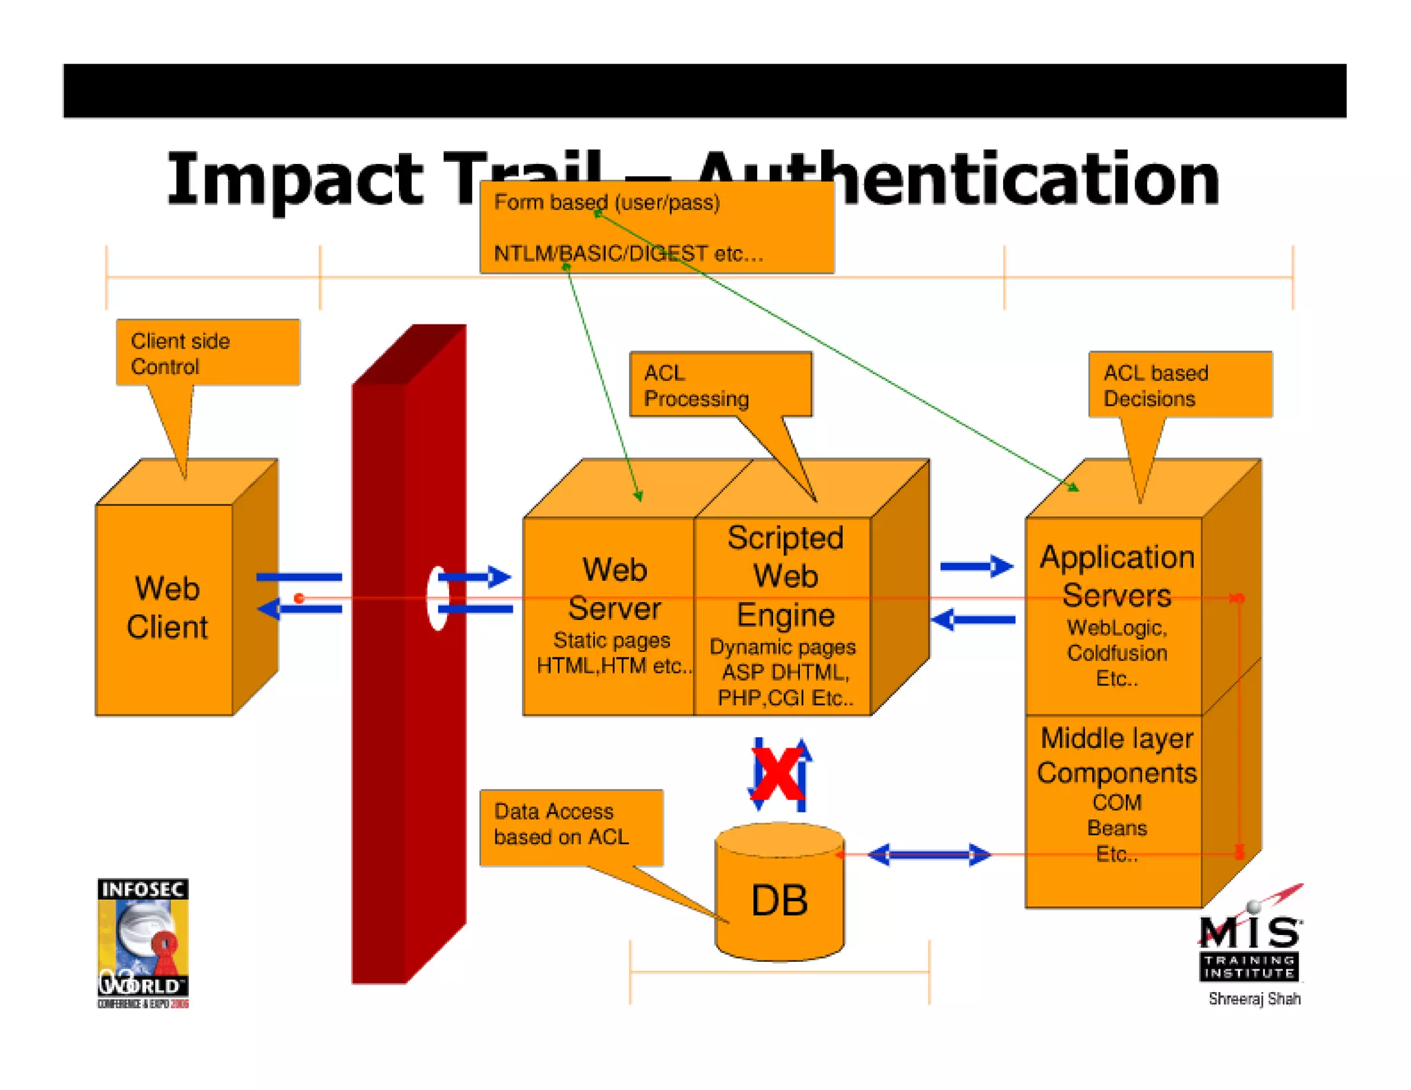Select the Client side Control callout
point(207,353)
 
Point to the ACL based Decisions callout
point(1180,385)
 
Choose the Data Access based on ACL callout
point(570,825)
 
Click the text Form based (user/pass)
point(606,203)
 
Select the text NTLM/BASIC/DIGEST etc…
point(628,254)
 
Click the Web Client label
point(167,607)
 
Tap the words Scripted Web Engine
point(785,575)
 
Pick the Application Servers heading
point(1116,575)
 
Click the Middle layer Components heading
point(1116,755)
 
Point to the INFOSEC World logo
point(143,942)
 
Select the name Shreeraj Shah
point(1254,998)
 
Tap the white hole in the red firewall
point(437,597)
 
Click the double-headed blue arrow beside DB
point(928,855)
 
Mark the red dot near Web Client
point(299,598)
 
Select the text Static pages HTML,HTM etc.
point(612,653)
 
